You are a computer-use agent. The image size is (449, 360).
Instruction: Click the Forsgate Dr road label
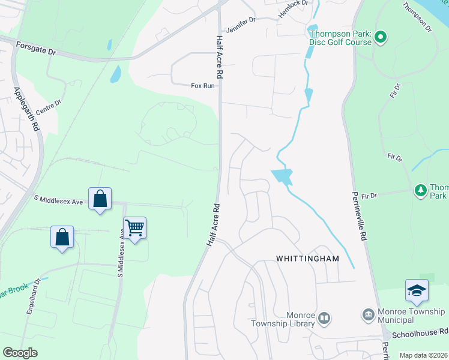coord(35,49)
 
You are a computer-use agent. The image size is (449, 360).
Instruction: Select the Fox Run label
coord(202,86)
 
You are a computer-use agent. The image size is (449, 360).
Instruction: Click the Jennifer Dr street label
coord(240,25)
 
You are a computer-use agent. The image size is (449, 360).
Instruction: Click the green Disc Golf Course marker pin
coord(380,38)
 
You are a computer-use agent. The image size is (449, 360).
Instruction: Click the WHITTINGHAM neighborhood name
coord(307,259)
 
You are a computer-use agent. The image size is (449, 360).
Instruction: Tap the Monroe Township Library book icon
coord(324,318)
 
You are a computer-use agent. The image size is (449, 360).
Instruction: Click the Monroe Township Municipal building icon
coord(368,314)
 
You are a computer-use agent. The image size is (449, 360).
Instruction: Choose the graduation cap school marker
coord(417,291)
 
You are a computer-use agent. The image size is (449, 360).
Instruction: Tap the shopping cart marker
coord(135,227)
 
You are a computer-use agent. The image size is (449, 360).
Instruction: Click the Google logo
coord(20,353)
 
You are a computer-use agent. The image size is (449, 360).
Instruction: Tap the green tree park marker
coord(421,191)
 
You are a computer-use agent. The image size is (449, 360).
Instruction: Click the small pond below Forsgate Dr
coord(115,74)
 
